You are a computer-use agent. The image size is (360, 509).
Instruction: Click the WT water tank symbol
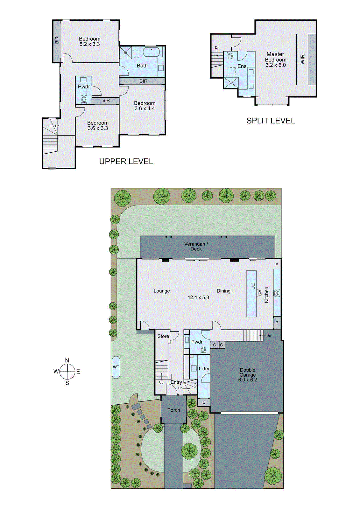(116, 367)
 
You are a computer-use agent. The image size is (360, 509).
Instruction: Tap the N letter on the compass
(67, 360)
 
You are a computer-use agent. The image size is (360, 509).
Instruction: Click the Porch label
(173, 410)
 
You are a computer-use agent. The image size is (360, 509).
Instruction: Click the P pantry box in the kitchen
(277, 323)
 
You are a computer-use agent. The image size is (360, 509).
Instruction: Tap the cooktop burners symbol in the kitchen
(277, 293)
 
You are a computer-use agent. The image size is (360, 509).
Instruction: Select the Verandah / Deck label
(196, 246)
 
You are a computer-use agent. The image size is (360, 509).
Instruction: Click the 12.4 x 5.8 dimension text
(198, 297)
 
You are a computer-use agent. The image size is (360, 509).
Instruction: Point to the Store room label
(163, 336)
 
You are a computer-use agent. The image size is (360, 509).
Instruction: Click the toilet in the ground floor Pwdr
(203, 350)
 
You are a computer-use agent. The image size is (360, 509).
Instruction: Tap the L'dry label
(204, 369)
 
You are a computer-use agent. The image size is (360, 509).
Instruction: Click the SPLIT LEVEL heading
(271, 121)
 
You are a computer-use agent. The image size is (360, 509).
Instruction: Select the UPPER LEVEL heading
(126, 162)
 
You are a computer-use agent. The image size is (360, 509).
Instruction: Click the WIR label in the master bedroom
(302, 59)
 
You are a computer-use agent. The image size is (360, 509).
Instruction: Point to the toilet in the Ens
(230, 56)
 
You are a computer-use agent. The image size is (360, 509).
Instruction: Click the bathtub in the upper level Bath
(152, 52)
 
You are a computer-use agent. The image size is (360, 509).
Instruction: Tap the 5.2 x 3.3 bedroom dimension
(89, 44)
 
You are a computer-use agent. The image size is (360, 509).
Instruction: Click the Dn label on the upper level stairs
(57, 126)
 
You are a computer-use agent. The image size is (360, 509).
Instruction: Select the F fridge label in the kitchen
(277, 265)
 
